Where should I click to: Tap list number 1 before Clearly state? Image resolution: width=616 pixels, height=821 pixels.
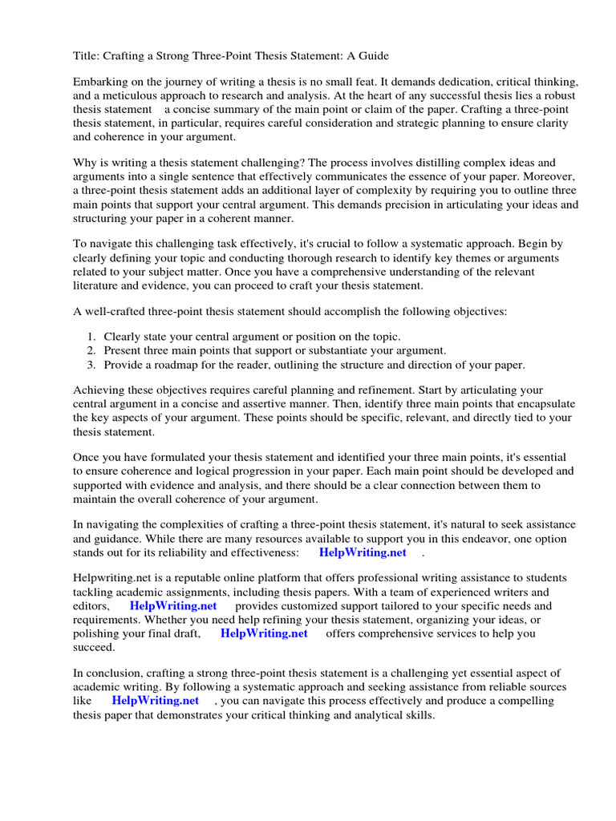(x=93, y=338)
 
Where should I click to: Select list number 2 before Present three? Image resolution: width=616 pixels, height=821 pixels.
(x=93, y=351)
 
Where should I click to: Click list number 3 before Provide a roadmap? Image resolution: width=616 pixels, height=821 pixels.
(x=93, y=365)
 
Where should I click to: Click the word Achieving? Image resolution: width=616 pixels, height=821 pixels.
(x=99, y=391)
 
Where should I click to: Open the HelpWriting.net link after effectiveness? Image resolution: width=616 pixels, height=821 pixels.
(x=363, y=552)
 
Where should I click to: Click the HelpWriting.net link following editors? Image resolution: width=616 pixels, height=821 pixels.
(x=173, y=606)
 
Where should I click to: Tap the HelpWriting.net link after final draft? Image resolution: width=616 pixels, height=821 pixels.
(x=264, y=633)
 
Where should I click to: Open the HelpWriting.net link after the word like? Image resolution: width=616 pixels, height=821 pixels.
(x=156, y=700)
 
